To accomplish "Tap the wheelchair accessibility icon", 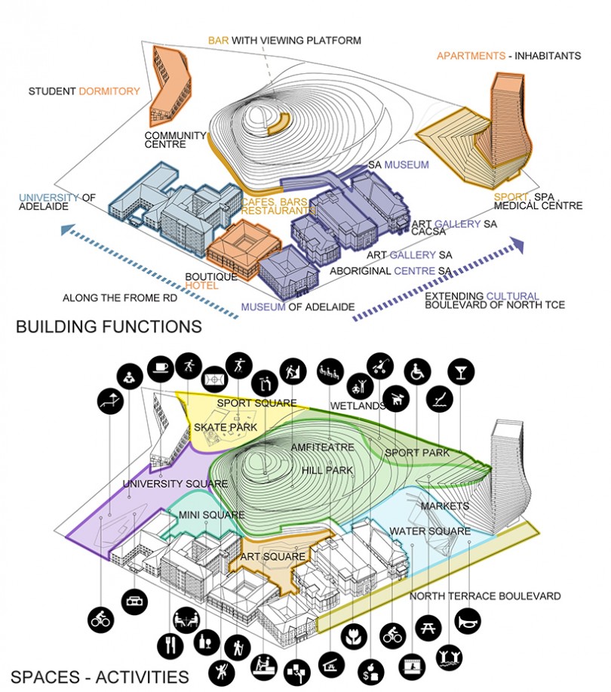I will point(417,371).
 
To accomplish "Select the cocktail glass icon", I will point(458,371).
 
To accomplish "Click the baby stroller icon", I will point(378,366).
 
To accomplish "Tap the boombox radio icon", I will point(133,601).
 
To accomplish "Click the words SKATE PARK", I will point(226,428).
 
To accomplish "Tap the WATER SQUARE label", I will point(430,531).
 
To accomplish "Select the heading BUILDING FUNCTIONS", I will point(109,327).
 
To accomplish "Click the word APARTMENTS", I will point(471,56).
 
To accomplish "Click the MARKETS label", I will point(445,505).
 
